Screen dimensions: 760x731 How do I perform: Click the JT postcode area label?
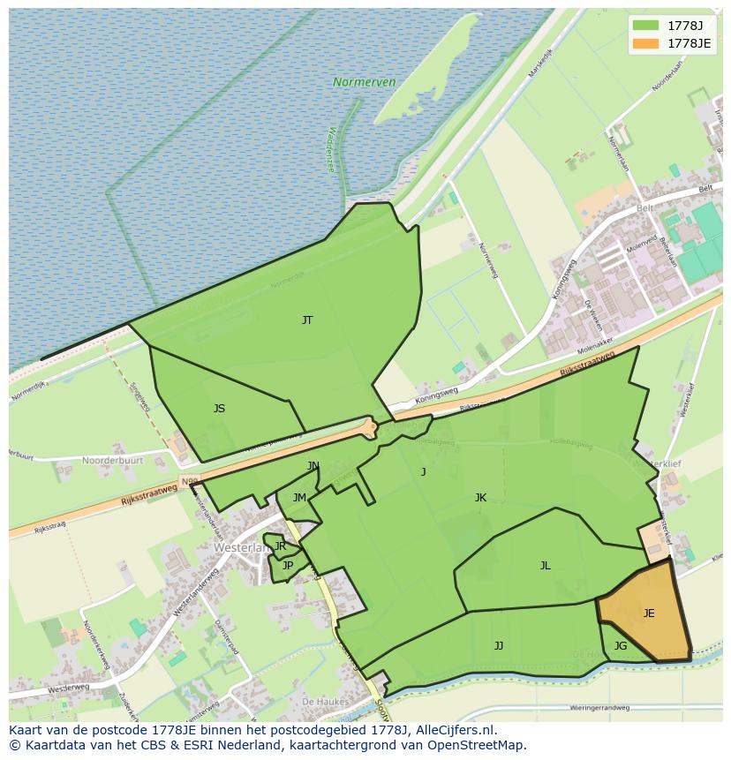tap(307, 320)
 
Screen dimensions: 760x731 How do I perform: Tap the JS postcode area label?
tap(219, 409)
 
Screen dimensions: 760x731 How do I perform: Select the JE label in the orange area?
tap(649, 613)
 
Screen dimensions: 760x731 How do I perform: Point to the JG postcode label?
tap(621, 646)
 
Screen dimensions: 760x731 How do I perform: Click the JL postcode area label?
tap(546, 566)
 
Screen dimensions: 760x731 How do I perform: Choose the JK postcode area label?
tap(480, 498)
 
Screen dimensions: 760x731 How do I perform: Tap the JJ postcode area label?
tap(499, 646)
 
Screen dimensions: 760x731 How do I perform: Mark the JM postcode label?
tap(299, 498)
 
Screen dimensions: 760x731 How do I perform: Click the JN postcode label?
tap(313, 466)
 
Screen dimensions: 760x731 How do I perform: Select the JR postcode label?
tap(280, 546)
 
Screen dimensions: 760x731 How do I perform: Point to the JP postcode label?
tap(288, 566)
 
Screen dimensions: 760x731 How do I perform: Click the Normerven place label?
tap(364, 82)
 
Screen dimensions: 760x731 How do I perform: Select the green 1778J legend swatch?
tap(645, 25)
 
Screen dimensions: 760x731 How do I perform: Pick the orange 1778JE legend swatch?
tap(645, 42)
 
